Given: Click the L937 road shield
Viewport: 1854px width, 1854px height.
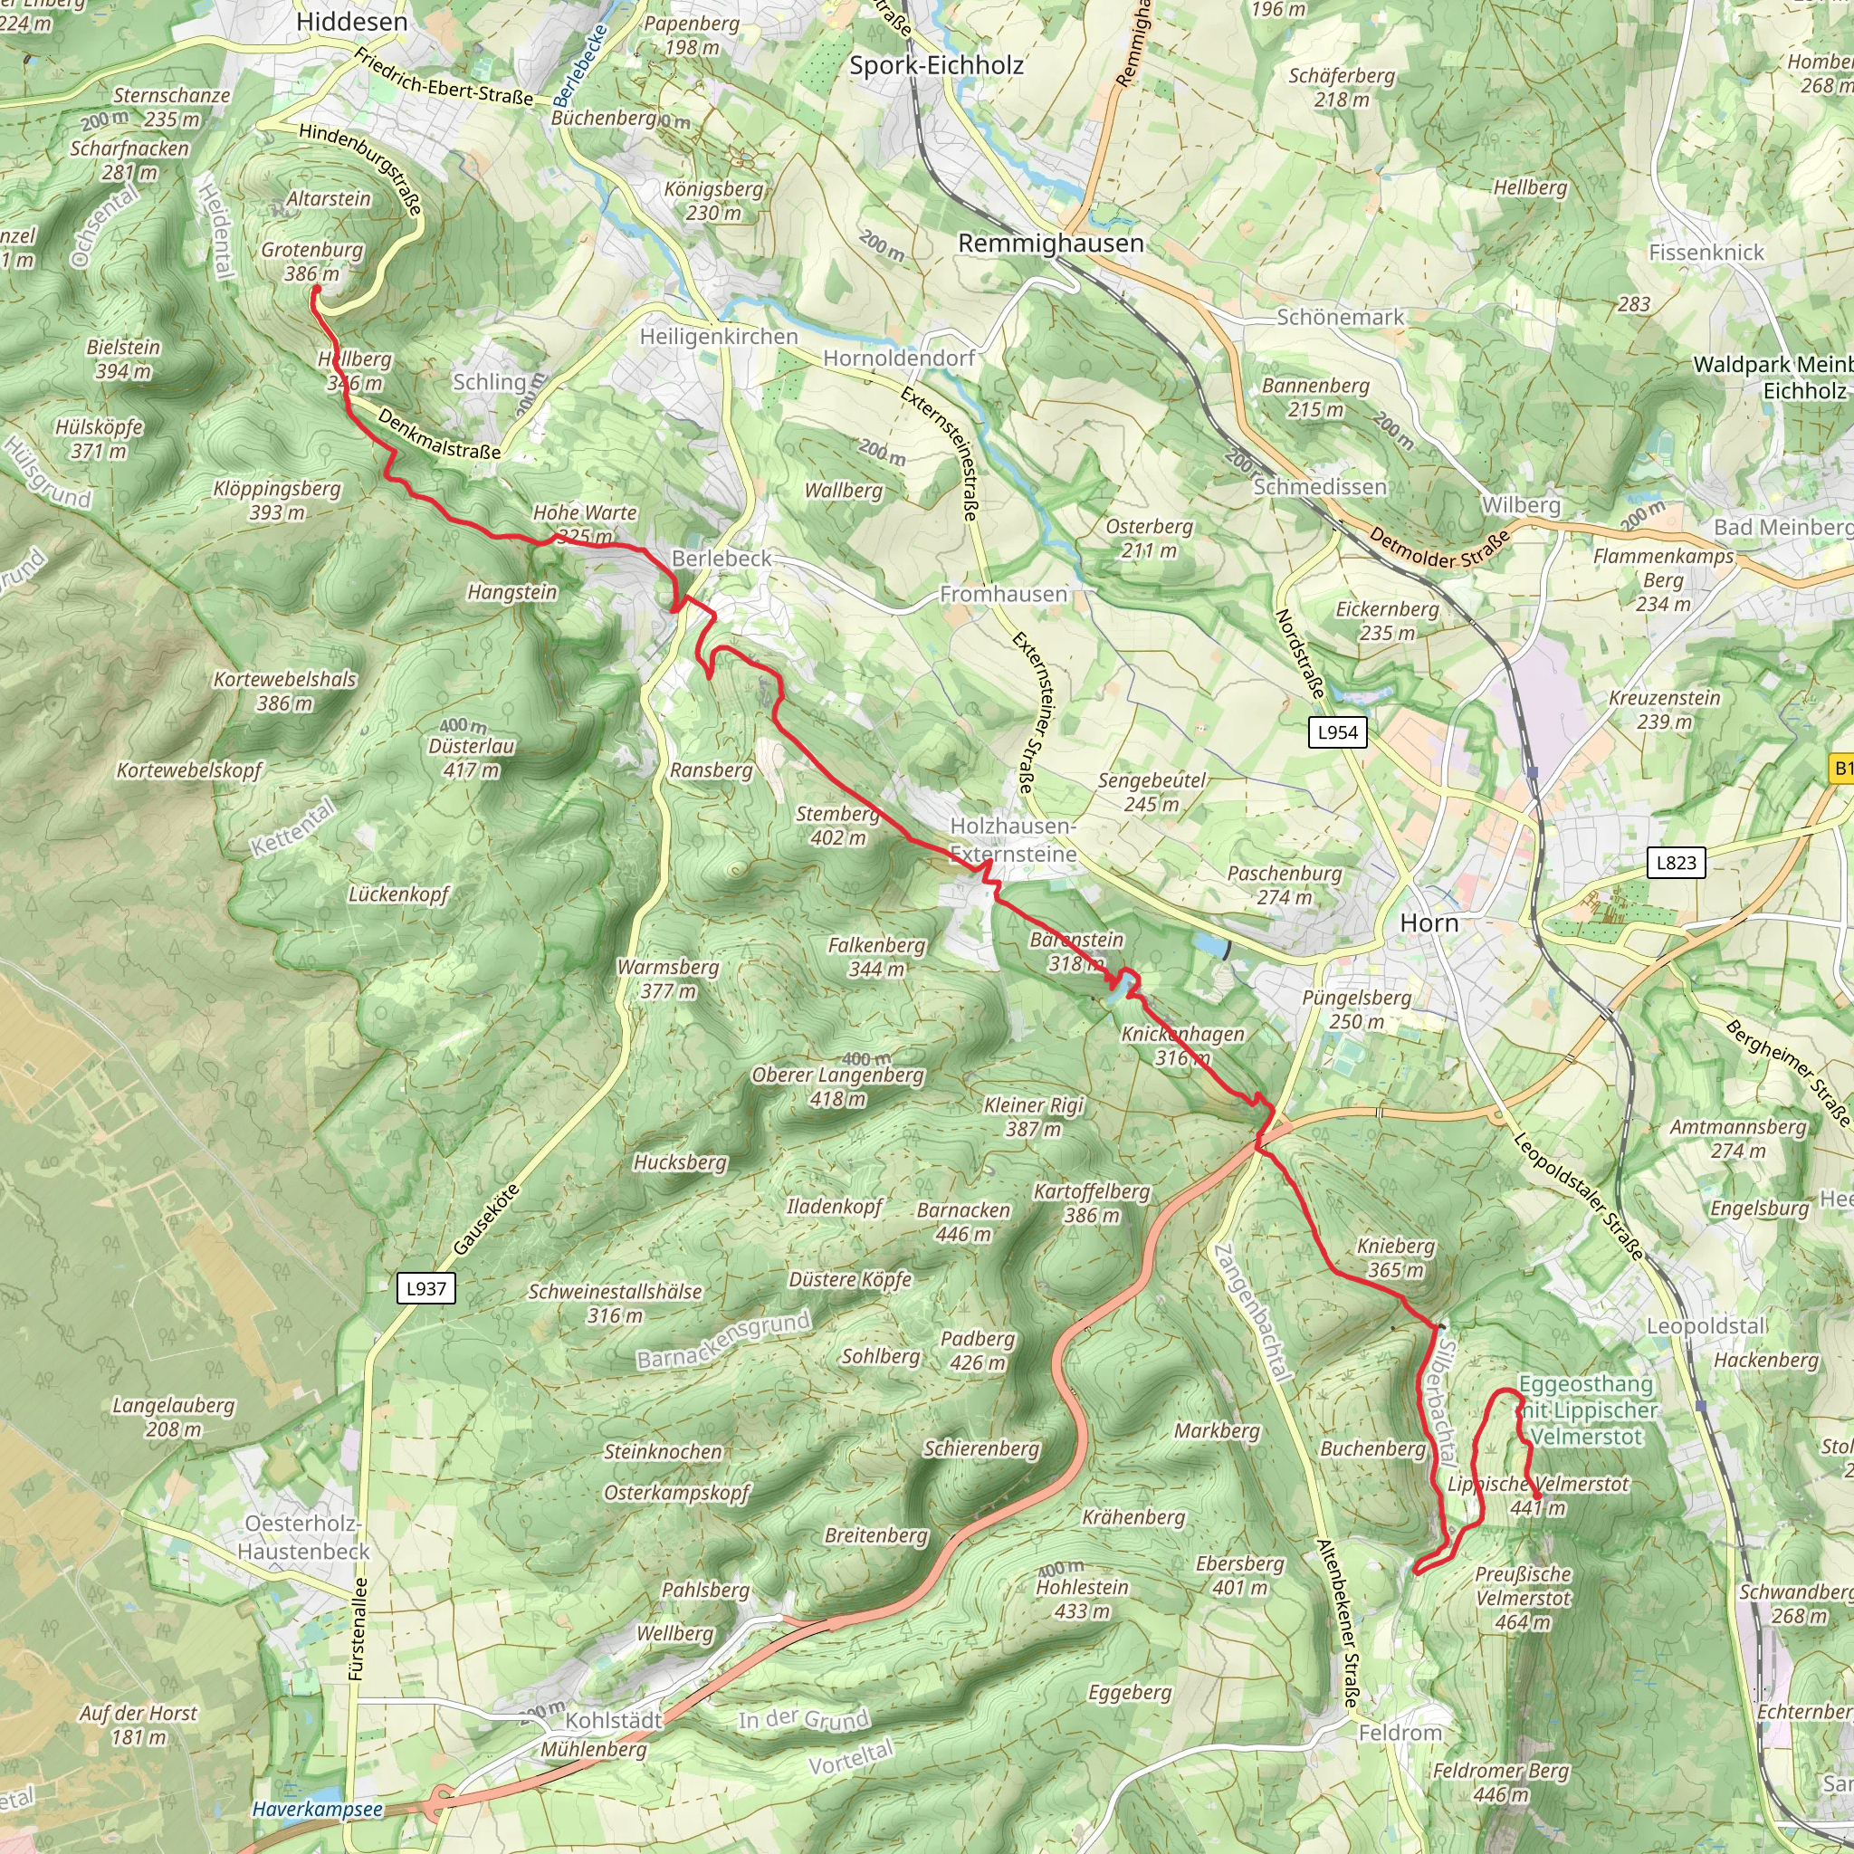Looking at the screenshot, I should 426,1289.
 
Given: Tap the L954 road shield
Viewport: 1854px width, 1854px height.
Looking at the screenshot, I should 1338,732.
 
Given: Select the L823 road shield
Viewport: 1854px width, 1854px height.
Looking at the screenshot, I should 1676,862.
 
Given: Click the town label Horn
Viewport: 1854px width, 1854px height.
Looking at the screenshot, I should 1429,923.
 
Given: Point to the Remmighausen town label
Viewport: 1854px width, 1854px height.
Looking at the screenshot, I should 1051,244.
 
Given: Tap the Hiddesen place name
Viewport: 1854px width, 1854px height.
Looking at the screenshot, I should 351,22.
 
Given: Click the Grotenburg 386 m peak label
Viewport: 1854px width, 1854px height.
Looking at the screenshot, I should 312,261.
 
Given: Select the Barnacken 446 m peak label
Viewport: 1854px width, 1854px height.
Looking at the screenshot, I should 962,1221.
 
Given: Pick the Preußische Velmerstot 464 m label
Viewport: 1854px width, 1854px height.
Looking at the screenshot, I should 1523,1598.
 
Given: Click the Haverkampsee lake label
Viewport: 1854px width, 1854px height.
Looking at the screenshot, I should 317,1809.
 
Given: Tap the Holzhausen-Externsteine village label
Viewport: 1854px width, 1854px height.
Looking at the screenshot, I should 1013,840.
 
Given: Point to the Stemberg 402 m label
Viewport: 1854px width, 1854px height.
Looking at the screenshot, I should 836,826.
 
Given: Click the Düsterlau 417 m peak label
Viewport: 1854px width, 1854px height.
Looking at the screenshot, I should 471,757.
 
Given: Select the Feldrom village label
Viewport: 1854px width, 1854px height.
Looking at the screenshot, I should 1400,1733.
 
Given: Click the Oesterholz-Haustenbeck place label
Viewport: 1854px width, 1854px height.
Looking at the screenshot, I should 303,1537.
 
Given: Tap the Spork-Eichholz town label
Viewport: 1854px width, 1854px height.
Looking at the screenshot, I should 936,65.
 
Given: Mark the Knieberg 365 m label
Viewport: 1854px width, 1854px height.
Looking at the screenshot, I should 1395,1257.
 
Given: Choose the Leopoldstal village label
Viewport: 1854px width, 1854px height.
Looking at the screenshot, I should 1706,1326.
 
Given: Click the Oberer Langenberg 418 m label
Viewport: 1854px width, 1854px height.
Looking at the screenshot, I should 837,1086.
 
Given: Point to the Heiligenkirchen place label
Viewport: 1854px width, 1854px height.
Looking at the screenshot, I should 719,337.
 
